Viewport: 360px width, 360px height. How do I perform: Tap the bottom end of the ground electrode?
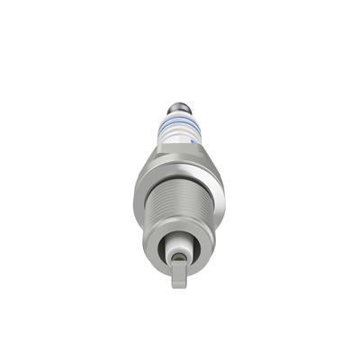pos(179,285)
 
